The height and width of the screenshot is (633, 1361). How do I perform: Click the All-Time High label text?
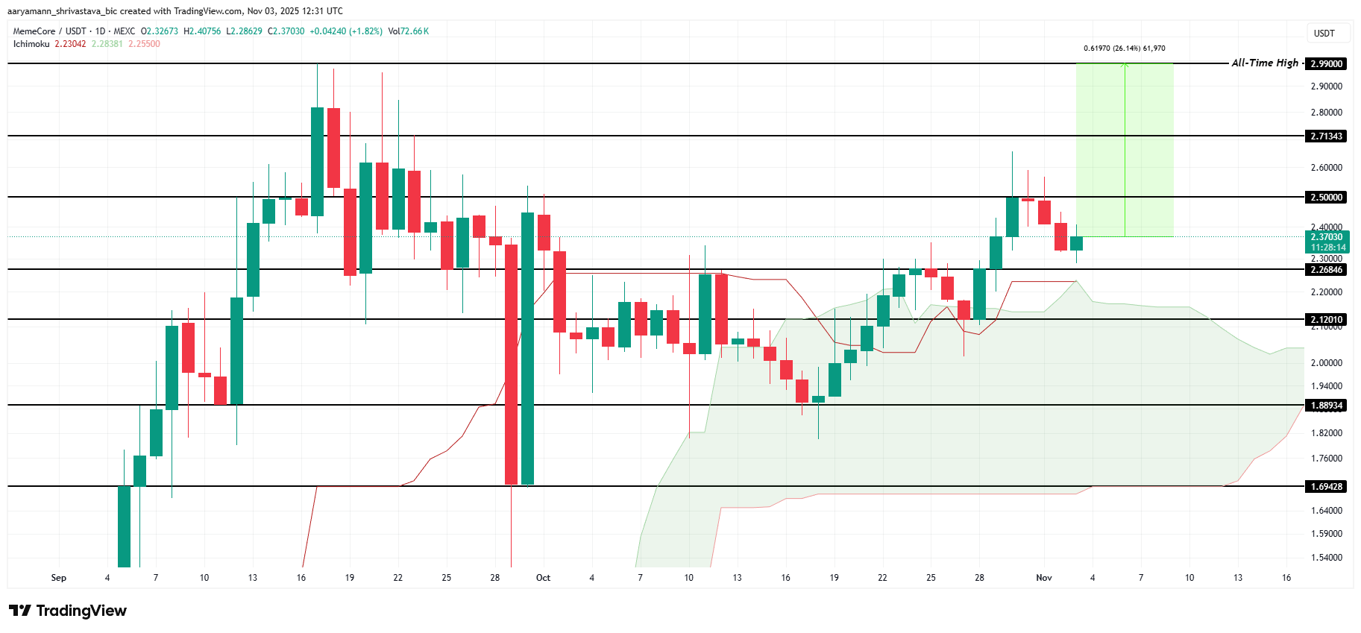pos(1265,63)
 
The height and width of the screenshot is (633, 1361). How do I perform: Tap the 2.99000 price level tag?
pos(1327,63)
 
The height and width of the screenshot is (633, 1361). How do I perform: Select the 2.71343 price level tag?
pos(1327,136)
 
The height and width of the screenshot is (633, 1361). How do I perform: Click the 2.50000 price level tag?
pos(1327,197)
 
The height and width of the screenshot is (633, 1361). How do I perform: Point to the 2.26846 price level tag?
pos(1327,269)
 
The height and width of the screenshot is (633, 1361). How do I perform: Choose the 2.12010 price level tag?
pos(1327,319)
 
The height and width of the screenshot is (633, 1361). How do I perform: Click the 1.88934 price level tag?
pos(1327,406)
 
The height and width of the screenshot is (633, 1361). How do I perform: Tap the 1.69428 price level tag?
pos(1327,486)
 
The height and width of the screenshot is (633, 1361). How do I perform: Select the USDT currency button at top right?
pos(1324,33)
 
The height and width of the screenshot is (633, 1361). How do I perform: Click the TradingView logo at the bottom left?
pos(69,611)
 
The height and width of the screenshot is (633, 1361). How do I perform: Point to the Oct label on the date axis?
pos(543,578)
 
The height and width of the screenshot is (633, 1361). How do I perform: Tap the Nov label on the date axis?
pos(1044,578)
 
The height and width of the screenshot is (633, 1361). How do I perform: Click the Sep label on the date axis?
pos(59,578)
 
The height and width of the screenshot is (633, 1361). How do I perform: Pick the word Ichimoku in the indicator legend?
pos(31,44)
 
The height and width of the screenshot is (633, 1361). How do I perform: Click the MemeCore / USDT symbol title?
pos(49,31)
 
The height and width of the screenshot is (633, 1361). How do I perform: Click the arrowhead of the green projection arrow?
pos(1125,66)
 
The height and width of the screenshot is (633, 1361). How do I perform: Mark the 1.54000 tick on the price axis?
pos(1326,557)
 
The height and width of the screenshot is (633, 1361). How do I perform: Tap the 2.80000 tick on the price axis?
pos(1326,113)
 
